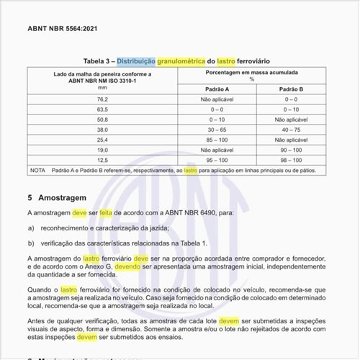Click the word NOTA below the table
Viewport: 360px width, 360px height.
(x=38, y=171)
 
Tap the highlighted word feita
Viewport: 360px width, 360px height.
(x=108, y=214)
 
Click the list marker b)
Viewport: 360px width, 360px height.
(x=31, y=243)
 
